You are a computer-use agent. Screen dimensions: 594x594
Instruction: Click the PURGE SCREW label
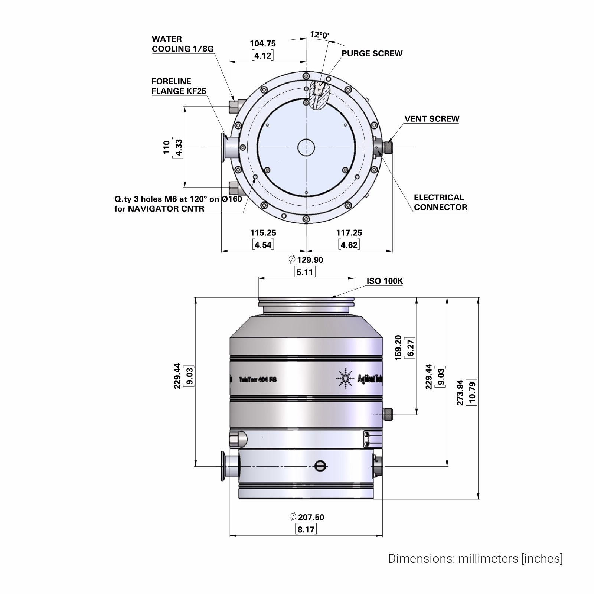[372, 53]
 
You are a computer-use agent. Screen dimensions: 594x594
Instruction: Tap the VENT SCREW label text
[432, 119]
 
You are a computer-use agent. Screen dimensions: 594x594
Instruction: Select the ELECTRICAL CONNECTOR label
[440, 202]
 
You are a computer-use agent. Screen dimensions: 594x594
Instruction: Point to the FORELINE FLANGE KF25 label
[179, 86]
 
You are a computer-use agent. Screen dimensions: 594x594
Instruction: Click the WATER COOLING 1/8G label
[183, 44]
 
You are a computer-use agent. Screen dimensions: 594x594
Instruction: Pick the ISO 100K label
[385, 281]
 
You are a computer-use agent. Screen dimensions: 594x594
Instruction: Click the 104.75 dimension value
[263, 43]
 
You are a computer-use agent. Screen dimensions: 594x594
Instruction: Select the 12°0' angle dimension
[319, 35]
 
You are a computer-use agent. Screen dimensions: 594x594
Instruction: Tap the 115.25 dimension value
[263, 233]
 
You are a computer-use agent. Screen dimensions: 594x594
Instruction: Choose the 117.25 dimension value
[349, 233]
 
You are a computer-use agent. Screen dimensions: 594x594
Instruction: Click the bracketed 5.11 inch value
[305, 272]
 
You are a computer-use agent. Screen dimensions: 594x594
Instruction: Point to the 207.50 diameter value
[311, 517]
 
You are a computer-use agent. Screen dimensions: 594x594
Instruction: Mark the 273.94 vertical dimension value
[460, 392]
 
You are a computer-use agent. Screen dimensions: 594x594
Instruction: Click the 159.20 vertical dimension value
[398, 348]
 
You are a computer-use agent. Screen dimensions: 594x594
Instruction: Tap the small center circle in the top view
[306, 147]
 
